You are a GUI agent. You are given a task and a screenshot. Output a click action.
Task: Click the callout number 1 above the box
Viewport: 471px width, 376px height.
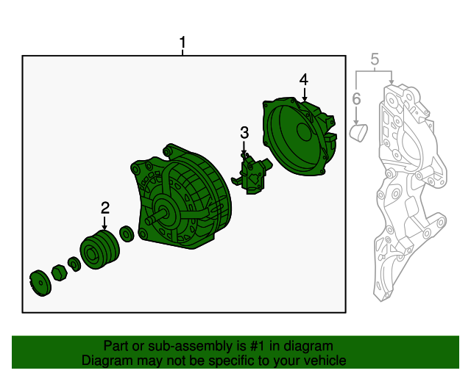tap(183, 43)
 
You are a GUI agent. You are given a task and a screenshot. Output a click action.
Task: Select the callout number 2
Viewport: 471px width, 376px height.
tap(105, 208)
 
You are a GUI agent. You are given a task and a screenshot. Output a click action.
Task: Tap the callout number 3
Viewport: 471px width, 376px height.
tap(244, 132)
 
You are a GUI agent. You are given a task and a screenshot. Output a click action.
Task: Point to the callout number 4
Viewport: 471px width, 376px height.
tap(304, 80)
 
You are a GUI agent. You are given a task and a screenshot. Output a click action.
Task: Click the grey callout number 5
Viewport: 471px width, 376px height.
tap(375, 59)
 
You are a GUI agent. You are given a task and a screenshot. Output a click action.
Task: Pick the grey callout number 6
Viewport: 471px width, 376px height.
tap(356, 98)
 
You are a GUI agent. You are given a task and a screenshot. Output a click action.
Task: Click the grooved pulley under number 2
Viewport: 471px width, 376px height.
tap(100, 250)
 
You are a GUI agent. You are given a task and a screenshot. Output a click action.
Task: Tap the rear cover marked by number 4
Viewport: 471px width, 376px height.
tap(300, 136)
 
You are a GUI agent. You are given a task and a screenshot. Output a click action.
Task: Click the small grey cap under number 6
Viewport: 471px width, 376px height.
tap(359, 132)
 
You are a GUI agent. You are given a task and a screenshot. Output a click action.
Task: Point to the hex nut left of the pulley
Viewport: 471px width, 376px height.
tap(59, 272)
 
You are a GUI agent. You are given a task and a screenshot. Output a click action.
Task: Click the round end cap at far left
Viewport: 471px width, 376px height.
tap(40, 283)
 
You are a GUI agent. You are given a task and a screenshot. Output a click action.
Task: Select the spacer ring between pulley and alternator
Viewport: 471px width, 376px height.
tap(127, 234)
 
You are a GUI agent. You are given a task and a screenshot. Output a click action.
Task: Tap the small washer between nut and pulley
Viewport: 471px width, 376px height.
tap(74, 264)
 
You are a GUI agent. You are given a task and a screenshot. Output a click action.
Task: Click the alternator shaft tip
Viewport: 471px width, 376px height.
tap(149, 221)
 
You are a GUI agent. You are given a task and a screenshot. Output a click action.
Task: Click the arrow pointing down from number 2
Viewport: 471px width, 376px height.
tap(105, 223)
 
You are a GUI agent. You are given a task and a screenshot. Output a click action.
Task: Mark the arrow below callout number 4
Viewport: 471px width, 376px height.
tap(304, 95)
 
